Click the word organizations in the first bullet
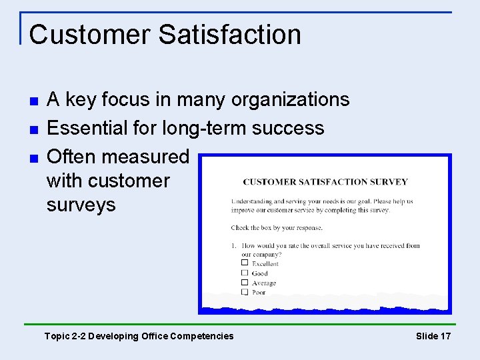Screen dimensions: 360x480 (x=290, y=100)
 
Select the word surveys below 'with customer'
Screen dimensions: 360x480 (x=81, y=205)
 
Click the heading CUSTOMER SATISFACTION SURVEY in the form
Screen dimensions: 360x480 (x=325, y=181)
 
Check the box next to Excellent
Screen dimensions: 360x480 (x=245, y=263)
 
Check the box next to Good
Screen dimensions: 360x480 (x=245, y=272)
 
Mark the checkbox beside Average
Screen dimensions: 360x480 (x=245, y=282)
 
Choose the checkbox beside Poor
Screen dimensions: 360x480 (x=245, y=291)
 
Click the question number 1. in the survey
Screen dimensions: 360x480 (x=234, y=245)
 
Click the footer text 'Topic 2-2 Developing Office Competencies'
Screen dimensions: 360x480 (x=139, y=336)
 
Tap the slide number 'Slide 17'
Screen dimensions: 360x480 (x=433, y=336)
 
